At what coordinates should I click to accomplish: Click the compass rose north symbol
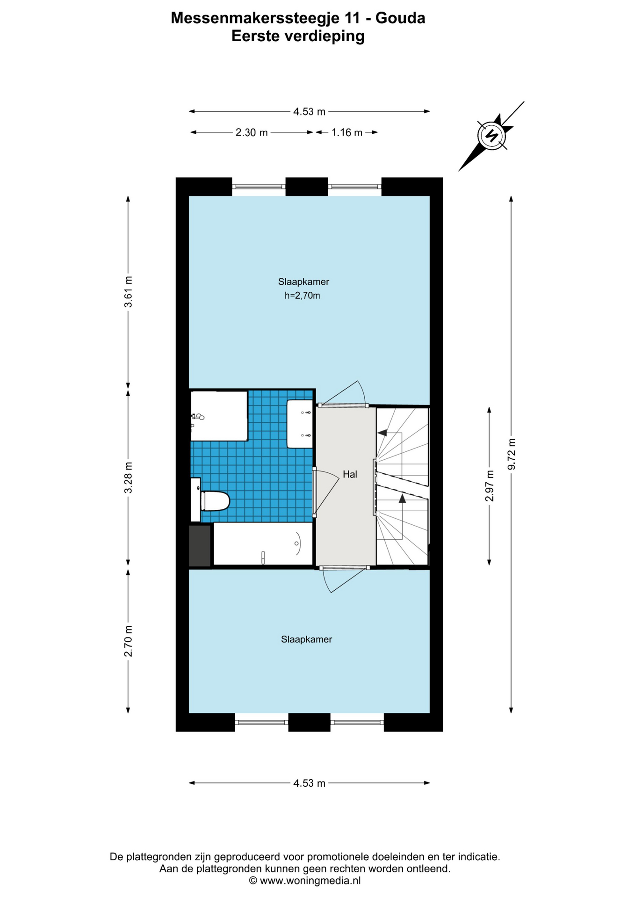click(491, 136)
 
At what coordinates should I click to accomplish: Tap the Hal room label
click(350, 474)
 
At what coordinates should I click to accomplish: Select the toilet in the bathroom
click(210, 500)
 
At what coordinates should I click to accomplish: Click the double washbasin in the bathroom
click(300, 424)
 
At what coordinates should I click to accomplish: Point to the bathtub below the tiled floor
click(263, 543)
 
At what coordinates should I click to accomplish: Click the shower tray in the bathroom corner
click(219, 416)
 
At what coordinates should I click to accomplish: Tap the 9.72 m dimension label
click(512, 454)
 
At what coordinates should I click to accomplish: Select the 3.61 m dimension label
click(128, 292)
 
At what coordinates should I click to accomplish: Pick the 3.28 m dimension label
click(128, 478)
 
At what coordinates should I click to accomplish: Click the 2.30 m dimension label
click(252, 133)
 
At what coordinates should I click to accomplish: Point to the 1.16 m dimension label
click(347, 133)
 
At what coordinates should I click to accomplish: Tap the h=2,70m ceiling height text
click(303, 296)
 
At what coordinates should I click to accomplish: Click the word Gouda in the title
click(400, 18)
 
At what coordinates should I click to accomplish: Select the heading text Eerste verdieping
click(298, 36)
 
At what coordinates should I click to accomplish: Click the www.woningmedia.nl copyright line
click(305, 881)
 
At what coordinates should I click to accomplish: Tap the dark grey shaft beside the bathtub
click(200, 546)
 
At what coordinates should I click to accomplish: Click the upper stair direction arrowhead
click(382, 433)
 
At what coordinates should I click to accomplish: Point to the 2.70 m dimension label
click(128, 641)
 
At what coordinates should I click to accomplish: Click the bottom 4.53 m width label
click(309, 783)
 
